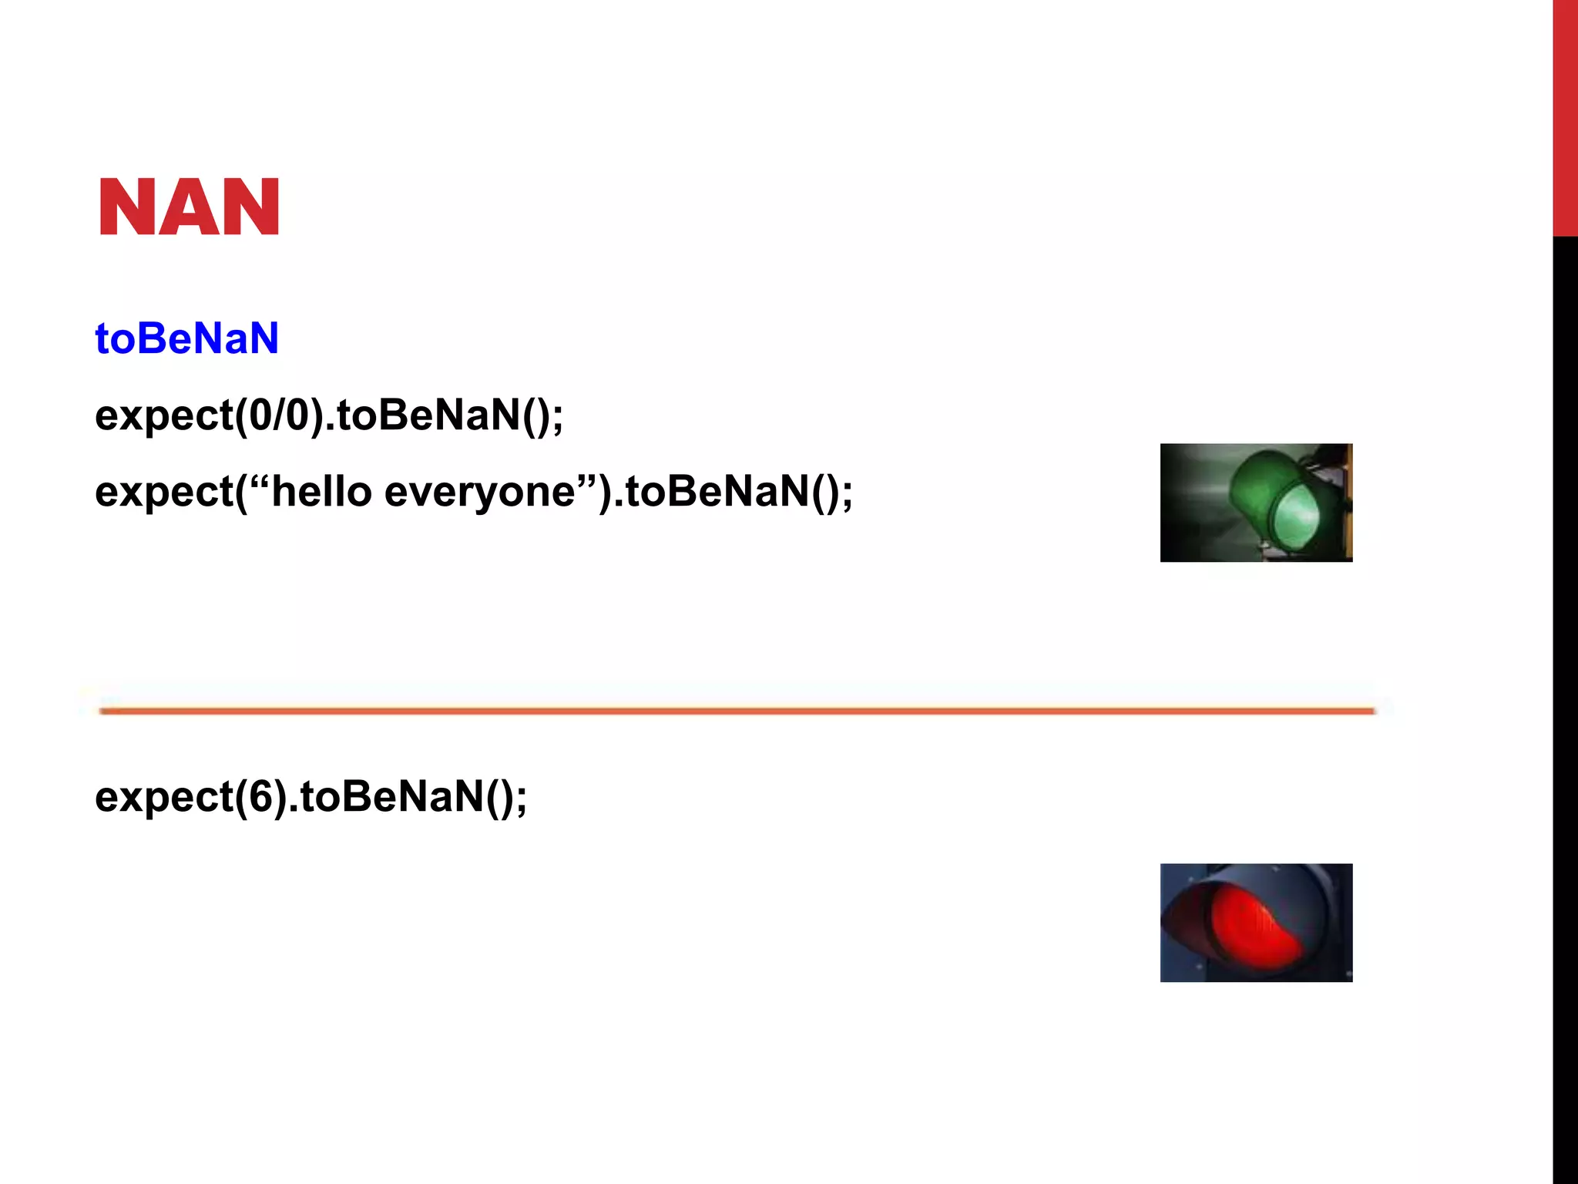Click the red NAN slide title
tap(189, 207)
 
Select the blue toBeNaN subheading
tap(186, 338)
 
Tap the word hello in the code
tap(321, 491)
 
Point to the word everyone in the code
tap(479, 491)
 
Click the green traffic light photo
tap(1256, 503)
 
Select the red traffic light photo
tap(1256, 923)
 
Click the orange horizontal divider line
tap(737, 711)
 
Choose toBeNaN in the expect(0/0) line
tap(428, 415)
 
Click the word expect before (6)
tap(164, 796)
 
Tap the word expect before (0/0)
tap(164, 415)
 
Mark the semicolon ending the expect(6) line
tap(522, 800)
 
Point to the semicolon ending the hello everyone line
tap(848, 495)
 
